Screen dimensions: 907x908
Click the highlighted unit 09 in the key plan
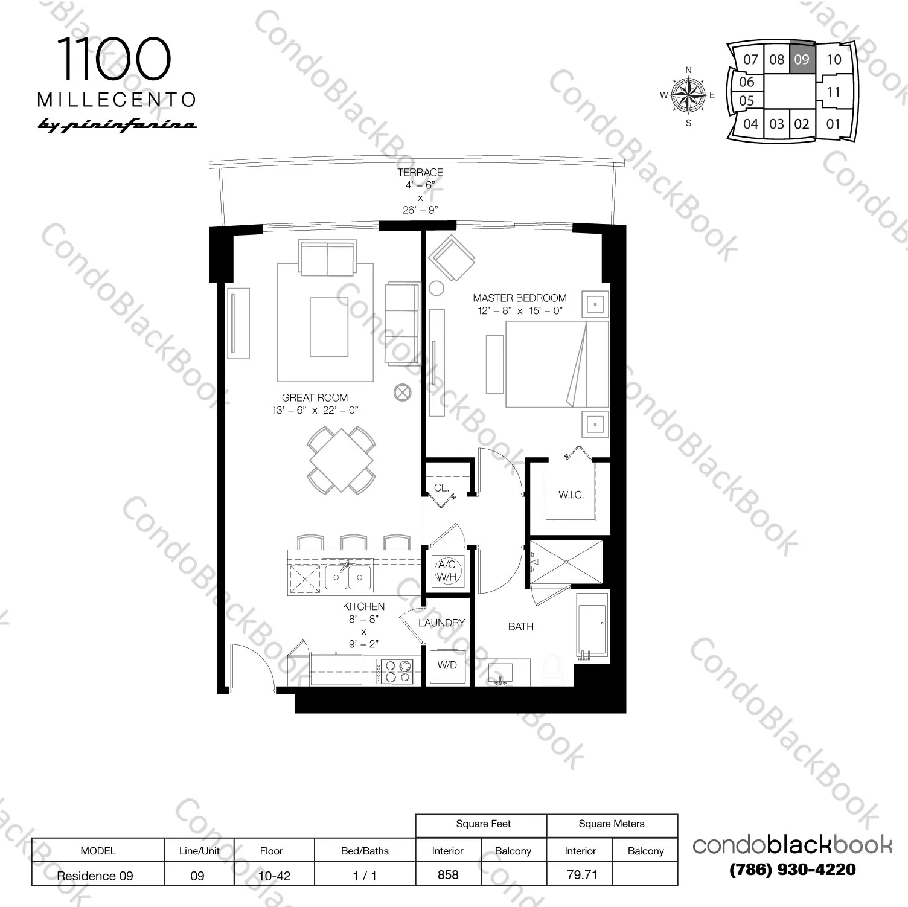pos(802,59)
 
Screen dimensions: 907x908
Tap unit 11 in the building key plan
pos(833,92)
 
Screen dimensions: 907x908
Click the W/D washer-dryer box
pos(447,665)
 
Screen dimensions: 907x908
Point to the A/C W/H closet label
pos(447,571)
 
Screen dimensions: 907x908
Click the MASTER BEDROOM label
pos(520,298)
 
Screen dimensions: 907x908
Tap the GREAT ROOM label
pos(315,398)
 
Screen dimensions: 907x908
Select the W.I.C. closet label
pos(571,495)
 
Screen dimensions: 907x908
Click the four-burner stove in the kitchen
pos(394,671)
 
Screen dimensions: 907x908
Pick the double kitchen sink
pos(348,576)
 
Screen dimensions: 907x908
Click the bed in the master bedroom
pos(555,364)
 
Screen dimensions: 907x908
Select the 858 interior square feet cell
pos(448,874)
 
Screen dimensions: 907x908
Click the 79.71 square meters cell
pos(581,874)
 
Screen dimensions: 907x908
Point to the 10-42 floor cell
pos(274,876)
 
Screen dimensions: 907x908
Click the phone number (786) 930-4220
pos(792,870)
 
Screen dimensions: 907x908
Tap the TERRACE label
pos(420,173)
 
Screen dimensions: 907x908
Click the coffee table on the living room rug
pos(329,327)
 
